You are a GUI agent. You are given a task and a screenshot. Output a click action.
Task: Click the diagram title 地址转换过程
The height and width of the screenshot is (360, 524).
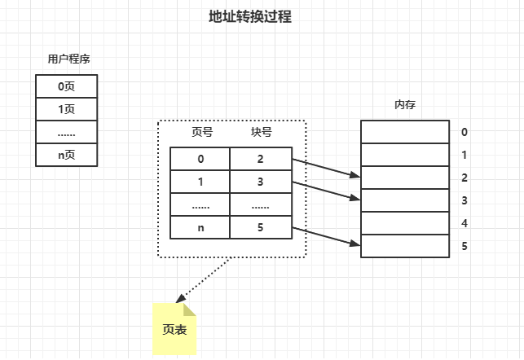[250, 17]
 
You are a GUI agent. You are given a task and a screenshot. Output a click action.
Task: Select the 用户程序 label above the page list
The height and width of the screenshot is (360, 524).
[66, 59]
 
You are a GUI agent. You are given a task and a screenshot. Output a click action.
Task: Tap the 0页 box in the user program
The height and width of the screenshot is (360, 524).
[66, 86]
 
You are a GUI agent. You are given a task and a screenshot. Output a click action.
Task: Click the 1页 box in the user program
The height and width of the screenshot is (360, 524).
[66, 108]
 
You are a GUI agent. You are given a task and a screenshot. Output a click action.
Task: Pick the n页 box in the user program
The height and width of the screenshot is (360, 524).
[66, 154]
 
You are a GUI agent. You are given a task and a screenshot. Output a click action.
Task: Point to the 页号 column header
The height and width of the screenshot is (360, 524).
[201, 132]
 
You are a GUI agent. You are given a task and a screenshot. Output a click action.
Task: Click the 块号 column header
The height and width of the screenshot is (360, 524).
[261, 132]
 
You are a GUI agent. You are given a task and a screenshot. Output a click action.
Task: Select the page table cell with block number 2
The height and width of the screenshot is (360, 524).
[260, 159]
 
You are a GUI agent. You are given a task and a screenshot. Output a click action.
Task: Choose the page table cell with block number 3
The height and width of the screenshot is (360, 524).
[260, 182]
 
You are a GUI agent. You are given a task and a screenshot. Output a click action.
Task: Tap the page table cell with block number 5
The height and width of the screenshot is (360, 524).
[260, 227]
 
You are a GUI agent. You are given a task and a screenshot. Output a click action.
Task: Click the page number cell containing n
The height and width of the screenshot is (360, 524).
[200, 227]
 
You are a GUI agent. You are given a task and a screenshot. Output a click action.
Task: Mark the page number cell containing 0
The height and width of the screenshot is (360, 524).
[200, 159]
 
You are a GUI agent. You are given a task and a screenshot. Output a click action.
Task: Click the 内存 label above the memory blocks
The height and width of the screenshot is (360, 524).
[405, 105]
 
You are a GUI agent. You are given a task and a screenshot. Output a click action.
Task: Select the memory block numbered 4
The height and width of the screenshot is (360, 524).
[405, 222]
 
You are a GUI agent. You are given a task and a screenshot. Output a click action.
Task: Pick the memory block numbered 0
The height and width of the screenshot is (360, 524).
[405, 131]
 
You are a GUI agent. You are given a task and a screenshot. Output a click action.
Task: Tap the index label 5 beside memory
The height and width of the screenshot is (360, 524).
[464, 245]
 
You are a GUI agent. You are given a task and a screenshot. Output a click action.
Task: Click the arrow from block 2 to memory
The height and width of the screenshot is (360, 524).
[326, 168]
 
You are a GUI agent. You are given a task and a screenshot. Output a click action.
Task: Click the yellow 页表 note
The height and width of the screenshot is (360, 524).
[174, 328]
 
